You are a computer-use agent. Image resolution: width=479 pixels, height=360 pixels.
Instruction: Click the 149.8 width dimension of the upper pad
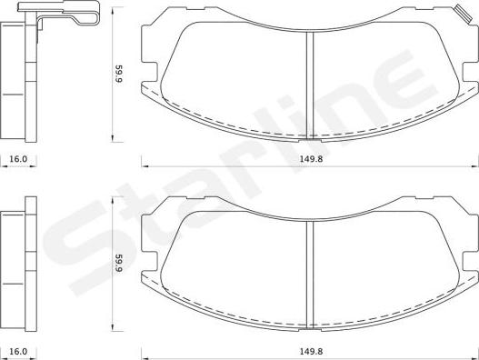(311, 159)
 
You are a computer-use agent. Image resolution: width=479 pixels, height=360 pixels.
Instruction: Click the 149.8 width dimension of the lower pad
(311, 352)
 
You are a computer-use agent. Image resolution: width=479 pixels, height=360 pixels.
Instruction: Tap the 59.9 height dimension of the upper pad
(118, 74)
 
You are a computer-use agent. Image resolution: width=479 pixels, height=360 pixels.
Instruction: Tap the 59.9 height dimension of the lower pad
(118, 263)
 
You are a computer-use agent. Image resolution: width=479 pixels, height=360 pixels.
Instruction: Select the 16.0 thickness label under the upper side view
(18, 159)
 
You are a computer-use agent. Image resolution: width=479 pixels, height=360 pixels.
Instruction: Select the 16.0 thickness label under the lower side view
(18, 352)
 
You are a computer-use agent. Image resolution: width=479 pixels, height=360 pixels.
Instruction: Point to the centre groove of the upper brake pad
(310, 85)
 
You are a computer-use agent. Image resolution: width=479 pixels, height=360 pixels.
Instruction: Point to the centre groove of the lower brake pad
(310, 275)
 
